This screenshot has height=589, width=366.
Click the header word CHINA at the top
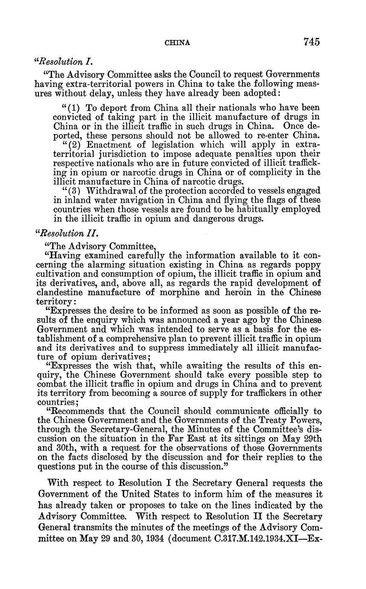pos(177,43)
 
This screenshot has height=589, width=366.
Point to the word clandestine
pos(60,292)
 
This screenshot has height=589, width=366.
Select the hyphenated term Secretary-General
pos(124,430)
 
